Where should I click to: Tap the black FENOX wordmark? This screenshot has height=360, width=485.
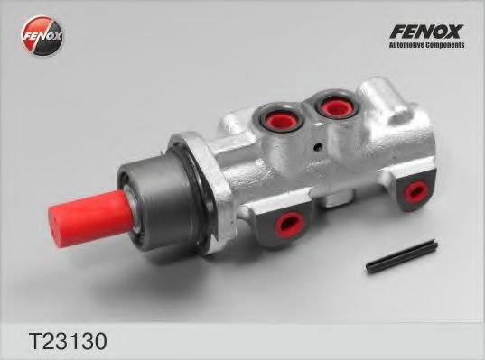426,29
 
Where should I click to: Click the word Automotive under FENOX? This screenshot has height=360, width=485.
406,44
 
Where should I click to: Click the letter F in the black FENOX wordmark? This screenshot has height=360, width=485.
395,29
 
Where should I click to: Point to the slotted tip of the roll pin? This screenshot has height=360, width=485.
370,266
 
